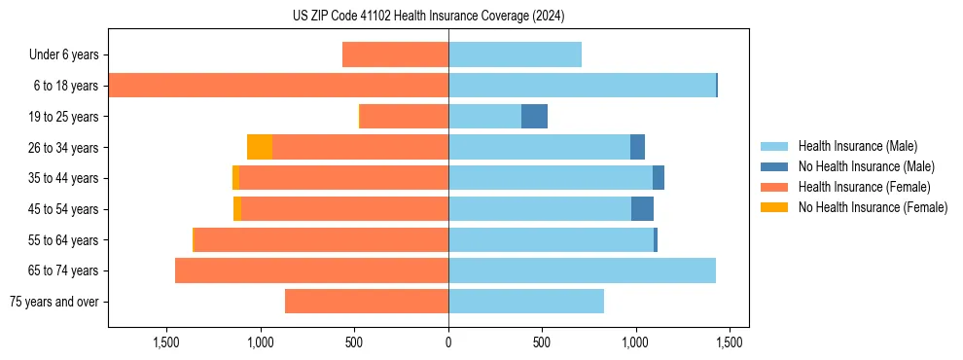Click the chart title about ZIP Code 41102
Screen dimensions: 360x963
tap(428, 17)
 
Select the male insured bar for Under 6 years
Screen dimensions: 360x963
tap(515, 55)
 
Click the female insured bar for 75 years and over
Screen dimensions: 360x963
tap(367, 302)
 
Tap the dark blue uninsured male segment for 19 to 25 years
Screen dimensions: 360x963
tap(534, 117)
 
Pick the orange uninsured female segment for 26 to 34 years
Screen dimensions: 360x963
tap(260, 147)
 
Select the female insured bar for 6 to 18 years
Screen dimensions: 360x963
tap(278, 86)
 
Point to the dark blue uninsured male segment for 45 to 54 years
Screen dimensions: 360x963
tap(642, 209)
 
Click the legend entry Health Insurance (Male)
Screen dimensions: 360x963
tap(857, 146)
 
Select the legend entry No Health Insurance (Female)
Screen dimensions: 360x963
tap(873, 207)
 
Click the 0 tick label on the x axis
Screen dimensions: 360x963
tap(448, 342)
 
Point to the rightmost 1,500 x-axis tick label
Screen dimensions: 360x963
tap(730, 342)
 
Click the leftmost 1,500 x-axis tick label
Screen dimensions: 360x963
tap(166, 342)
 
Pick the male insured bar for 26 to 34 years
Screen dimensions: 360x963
tap(539, 147)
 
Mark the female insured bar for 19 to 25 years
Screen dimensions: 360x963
tap(404, 117)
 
